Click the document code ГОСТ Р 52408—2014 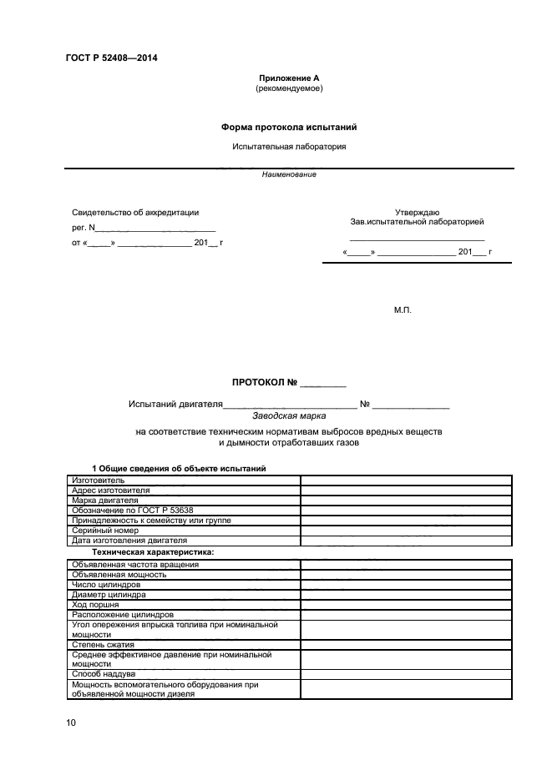[x=111, y=58]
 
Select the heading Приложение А [x=288, y=78]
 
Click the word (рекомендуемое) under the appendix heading [x=288, y=88]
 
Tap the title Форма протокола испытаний [x=289, y=127]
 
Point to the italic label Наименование [x=289, y=174]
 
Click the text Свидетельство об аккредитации [x=134, y=213]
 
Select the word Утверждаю [x=417, y=212]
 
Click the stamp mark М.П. [x=403, y=310]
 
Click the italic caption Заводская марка [x=289, y=414]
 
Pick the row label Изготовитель [x=99, y=481]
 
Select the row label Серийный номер [x=104, y=530]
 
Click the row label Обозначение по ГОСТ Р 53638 [x=133, y=510]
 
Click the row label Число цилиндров [x=106, y=584]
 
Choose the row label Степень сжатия [x=104, y=644]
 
